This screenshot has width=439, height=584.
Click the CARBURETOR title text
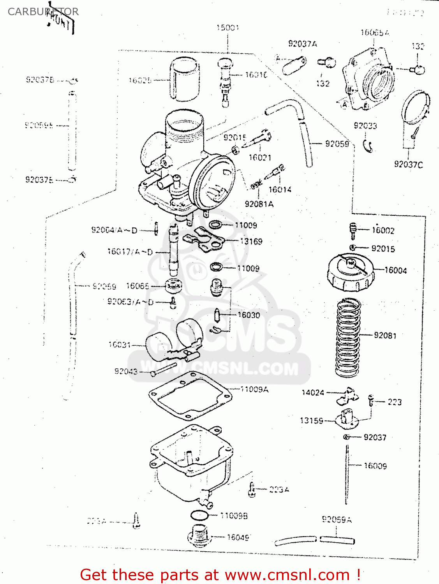[43, 12]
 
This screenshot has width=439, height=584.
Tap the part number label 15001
[227, 28]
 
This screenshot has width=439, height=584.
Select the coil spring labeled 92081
[348, 338]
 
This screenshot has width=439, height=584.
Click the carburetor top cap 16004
[350, 272]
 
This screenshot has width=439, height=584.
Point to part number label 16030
[249, 315]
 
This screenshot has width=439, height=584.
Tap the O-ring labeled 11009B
[199, 515]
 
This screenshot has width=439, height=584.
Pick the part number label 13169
[251, 241]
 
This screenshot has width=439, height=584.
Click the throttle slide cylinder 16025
[184, 79]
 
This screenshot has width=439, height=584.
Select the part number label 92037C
[408, 164]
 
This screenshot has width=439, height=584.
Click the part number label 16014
[280, 190]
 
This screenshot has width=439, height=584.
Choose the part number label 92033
[365, 125]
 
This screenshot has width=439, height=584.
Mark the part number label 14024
[313, 392]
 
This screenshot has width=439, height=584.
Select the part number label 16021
[260, 157]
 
